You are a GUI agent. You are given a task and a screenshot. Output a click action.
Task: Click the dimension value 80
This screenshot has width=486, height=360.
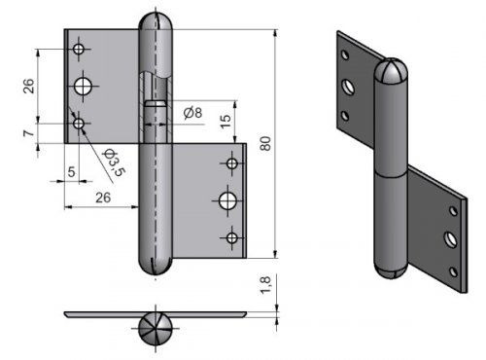pos(265,143)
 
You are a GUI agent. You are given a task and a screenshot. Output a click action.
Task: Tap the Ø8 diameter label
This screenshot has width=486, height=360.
pos(192,113)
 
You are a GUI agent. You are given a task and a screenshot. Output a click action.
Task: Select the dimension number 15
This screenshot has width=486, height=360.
pos(226,121)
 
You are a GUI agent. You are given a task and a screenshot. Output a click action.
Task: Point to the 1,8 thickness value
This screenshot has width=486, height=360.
pos(265,285)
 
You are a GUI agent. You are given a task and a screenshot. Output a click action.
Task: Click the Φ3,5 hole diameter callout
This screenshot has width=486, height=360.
pos(114,162)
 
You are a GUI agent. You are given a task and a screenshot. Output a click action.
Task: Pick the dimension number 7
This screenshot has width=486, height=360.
pos(28,133)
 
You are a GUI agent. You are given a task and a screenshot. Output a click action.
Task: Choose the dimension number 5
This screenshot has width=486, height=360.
pos(72,171)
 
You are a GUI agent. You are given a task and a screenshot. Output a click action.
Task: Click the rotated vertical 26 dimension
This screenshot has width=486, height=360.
pos(28,86)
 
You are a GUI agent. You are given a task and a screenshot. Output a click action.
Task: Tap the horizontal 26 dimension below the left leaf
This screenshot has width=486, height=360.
pos(103,198)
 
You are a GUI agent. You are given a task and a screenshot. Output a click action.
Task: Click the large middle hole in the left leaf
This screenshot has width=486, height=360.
pos(83,87)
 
